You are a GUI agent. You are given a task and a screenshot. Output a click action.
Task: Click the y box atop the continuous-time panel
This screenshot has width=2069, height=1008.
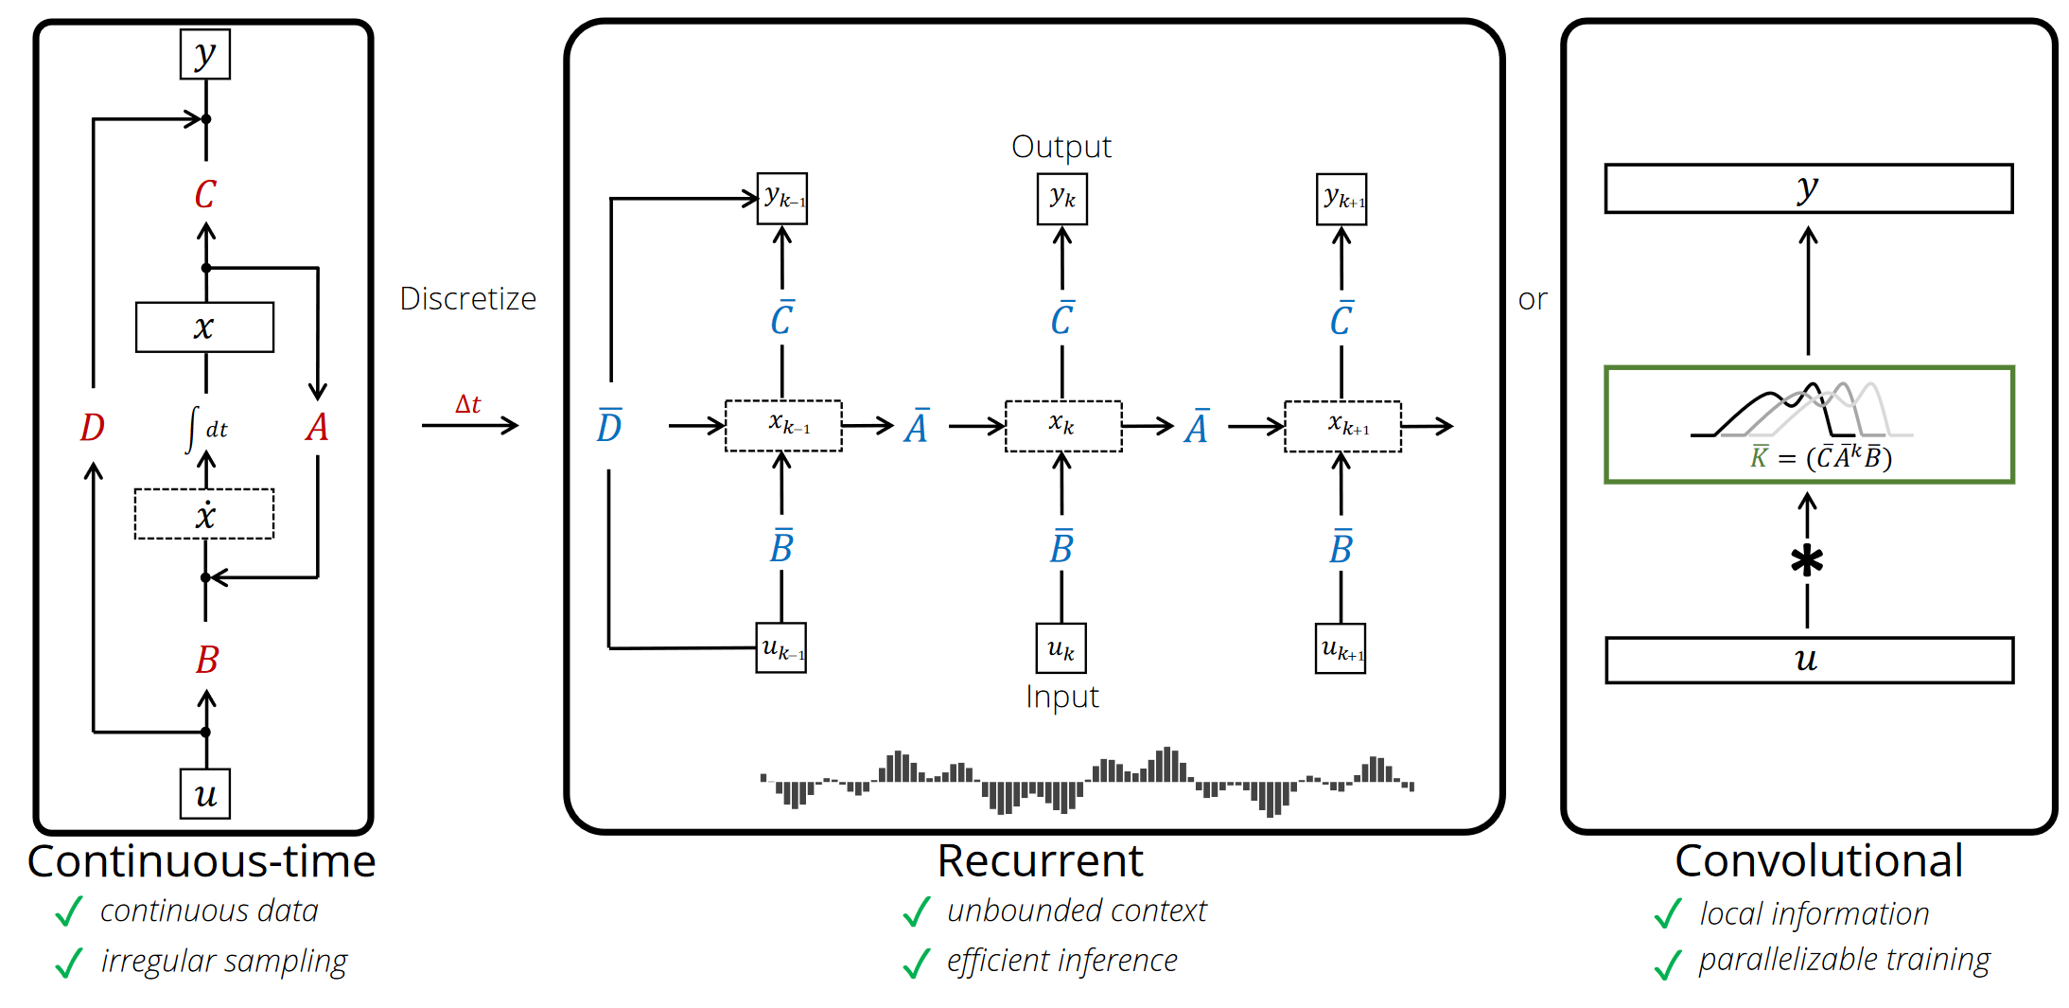(x=205, y=55)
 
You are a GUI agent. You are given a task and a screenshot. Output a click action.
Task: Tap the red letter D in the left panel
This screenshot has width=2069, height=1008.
(x=92, y=428)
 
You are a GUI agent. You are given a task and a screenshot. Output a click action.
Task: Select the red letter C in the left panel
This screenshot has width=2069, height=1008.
(x=205, y=195)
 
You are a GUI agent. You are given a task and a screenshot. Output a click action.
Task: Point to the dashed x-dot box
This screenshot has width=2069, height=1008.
(x=204, y=515)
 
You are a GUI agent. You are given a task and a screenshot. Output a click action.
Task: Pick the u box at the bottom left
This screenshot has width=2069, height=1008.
(x=205, y=794)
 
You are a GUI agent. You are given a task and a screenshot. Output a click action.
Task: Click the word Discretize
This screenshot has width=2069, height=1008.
(x=467, y=299)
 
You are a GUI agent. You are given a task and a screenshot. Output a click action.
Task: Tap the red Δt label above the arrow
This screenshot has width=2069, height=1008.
(x=467, y=405)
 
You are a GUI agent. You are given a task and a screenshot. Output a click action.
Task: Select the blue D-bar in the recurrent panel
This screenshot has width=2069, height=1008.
(x=609, y=427)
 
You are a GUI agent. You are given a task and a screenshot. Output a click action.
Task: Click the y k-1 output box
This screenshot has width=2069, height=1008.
(x=782, y=199)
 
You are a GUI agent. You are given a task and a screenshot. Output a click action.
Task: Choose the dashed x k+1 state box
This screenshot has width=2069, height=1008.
(x=1342, y=426)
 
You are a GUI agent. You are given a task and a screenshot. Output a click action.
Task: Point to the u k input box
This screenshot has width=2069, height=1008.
(x=1061, y=648)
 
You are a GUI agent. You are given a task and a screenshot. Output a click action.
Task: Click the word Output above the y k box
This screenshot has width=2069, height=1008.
(x=1061, y=147)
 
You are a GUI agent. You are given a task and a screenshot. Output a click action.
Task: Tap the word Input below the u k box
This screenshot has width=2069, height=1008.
(x=1061, y=697)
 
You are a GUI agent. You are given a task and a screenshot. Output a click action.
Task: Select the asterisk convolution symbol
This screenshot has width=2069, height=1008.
(x=1807, y=561)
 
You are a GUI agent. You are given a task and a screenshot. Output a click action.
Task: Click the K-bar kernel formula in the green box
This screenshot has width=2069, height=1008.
(x=1820, y=458)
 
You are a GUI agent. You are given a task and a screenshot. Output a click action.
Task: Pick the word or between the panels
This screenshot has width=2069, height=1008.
(x=1533, y=300)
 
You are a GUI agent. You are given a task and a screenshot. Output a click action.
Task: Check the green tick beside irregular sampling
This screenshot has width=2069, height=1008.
(x=69, y=964)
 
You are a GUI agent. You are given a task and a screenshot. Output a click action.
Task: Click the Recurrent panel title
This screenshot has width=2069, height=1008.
(x=1040, y=861)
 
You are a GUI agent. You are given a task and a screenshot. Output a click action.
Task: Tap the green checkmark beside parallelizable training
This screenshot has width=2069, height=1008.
(x=1668, y=964)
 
